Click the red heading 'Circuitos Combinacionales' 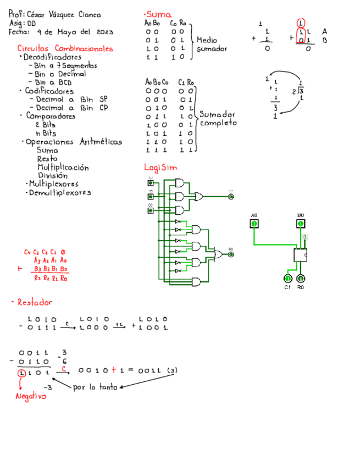click(65, 49)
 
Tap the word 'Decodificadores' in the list click(52, 57)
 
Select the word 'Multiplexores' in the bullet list click(54, 184)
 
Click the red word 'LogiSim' click(160, 167)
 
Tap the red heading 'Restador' click(35, 302)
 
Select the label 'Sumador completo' click(218, 119)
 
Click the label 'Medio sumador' click(212, 45)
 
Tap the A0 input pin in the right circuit click(254, 224)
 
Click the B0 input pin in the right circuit click(301, 224)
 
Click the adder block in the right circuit click(301, 255)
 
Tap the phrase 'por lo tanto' click(95, 387)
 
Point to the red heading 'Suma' click(157, 14)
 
